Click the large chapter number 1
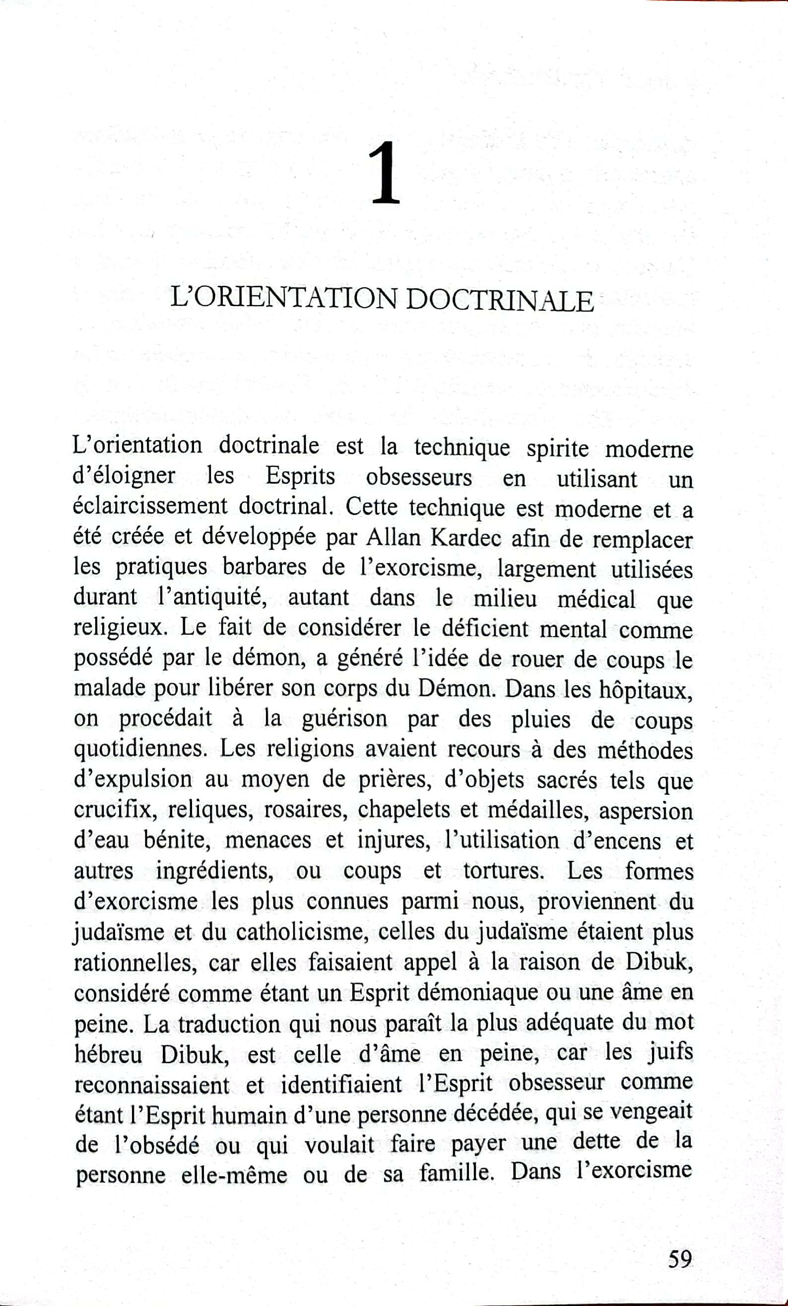coord(385,173)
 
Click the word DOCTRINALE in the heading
coord(501,301)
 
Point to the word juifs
coord(670,1052)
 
